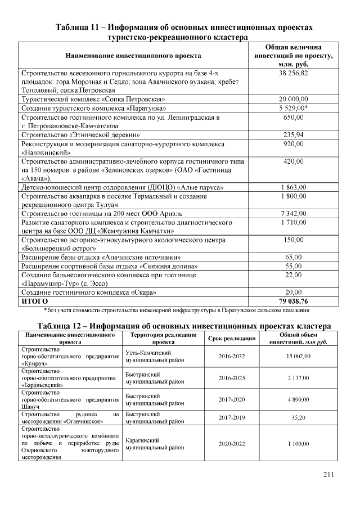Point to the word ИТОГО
(x=35, y=301)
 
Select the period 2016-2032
(x=232, y=356)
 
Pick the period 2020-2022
(x=232, y=444)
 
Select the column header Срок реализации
(x=232, y=339)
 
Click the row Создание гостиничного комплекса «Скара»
(x=88, y=292)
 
